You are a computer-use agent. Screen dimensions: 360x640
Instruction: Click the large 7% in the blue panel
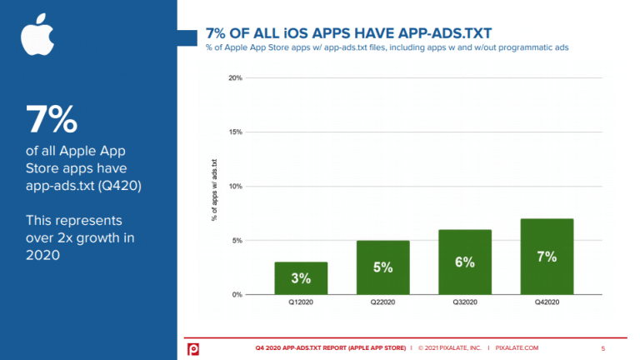(x=52, y=120)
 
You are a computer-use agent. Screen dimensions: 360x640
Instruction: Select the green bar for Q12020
(x=300, y=278)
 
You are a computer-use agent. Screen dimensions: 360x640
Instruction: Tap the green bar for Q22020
(x=382, y=267)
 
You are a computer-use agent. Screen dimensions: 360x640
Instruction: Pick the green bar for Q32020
(x=464, y=262)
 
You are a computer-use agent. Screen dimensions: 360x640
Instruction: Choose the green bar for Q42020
(x=547, y=257)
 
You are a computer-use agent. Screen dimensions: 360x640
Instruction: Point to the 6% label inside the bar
(x=464, y=262)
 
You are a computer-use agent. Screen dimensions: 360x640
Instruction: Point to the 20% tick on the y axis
(x=235, y=78)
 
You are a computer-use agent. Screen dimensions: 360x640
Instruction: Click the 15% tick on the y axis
(x=235, y=132)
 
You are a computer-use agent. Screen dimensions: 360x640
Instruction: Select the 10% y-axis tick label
(x=235, y=187)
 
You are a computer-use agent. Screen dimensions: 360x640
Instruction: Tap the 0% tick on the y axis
(x=237, y=295)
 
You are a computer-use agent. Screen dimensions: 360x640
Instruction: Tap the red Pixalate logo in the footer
(x=192, y=347)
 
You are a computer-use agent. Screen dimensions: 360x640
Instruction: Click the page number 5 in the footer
(x=603, y=347)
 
